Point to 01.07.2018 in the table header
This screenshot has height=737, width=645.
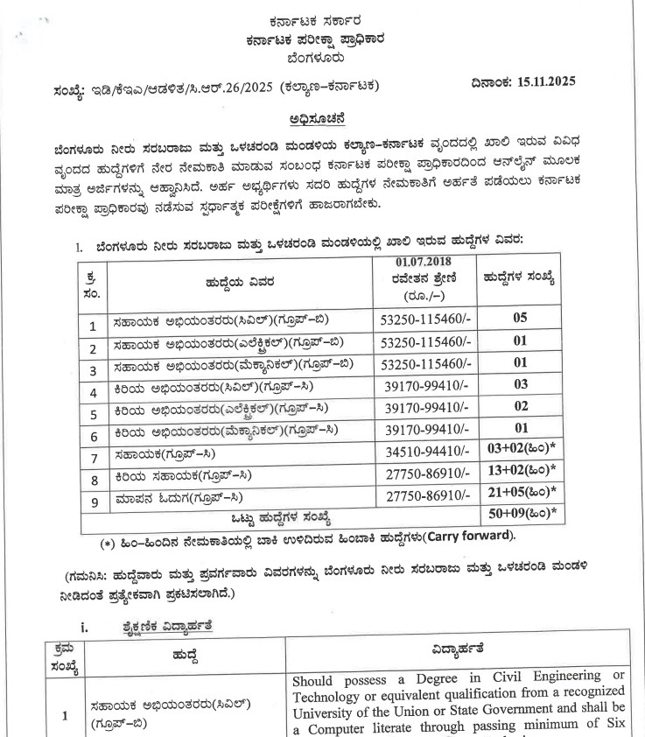click(423, 260)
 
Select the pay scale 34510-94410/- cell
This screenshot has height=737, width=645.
click(423, 453)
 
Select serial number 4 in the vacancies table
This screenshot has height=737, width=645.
click(93, 389)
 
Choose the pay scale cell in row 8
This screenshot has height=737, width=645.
click(423, 474)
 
